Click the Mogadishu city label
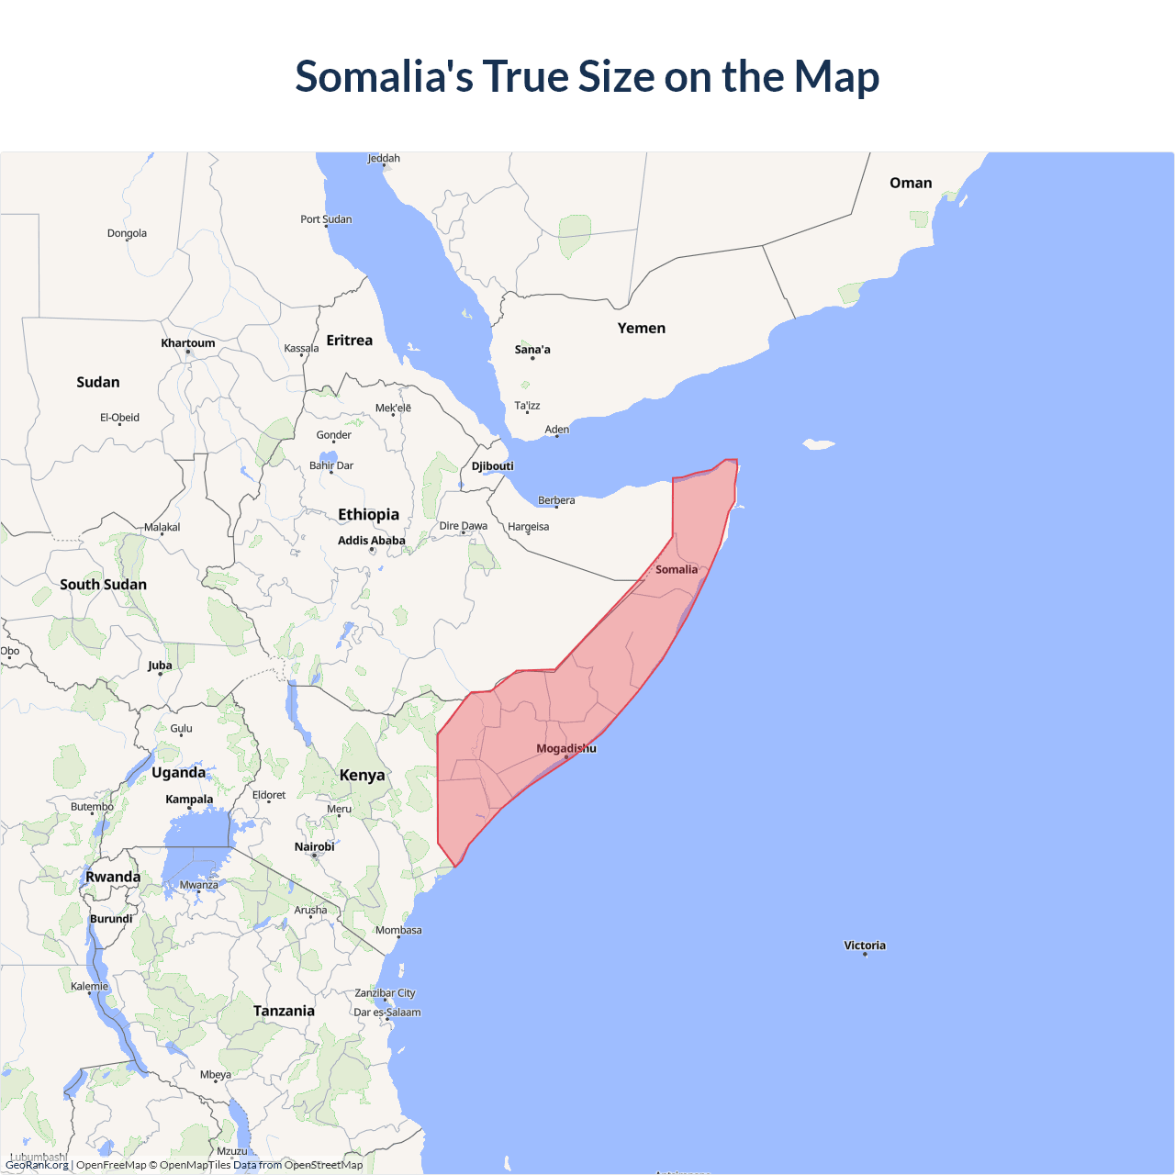(565, 748)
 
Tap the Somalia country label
(676, 569)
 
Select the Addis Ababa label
(371, 541)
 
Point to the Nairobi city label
(314, 846)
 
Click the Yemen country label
(641, 328)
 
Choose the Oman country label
(910, 183)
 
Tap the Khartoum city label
(187, 343)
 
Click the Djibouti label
(492, 465)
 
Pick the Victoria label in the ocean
(864, 945)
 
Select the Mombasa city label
(398, 930)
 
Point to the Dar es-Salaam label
(386, 1013)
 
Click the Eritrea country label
(349, 340)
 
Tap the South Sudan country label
(103, 584)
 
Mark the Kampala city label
(189, 799)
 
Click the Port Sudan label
(326, 219)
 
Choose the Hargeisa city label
(528, 527)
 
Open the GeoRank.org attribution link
(37, 1165)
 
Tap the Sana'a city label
(532, 350)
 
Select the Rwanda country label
(113, 877)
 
